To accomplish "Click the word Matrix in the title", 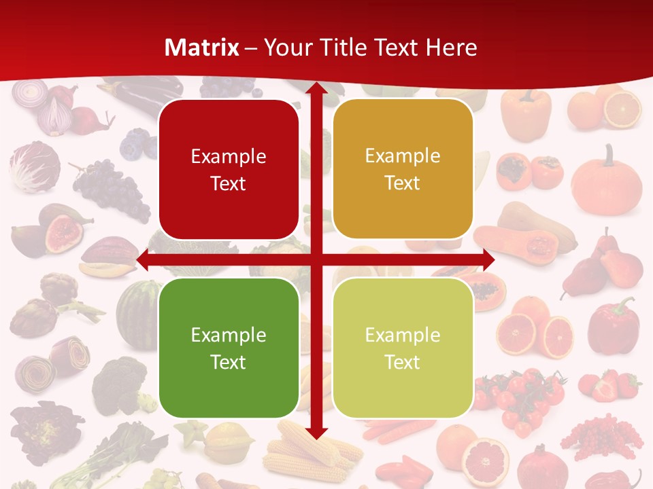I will click(202, 48).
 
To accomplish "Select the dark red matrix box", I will click(229, 170).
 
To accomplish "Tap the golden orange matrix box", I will click(403, 169).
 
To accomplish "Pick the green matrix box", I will click(229, 348).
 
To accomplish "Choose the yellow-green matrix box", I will click(403, 348).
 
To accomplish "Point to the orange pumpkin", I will click(606, 180).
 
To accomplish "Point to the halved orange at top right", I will click(622, 109).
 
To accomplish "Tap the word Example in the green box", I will click(229, 335).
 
